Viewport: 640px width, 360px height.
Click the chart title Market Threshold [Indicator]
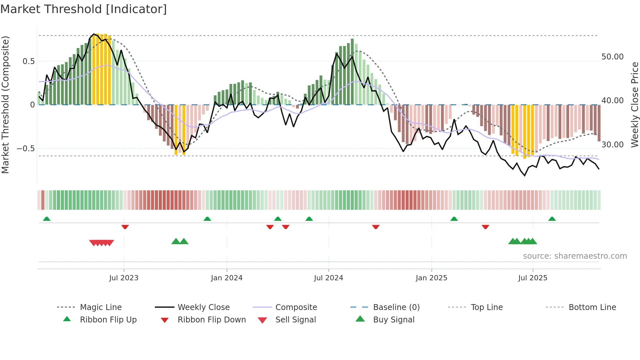pos(84,9)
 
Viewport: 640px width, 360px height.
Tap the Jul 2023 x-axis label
pos(124,278)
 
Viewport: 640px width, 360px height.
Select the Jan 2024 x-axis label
pos(227,278)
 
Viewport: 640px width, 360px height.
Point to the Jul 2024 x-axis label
pos(328,278)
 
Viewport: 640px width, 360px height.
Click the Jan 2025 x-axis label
pos(431,278)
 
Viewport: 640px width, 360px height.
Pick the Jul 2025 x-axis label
pos(533,278)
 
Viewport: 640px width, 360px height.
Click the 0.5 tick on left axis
pos(28,61)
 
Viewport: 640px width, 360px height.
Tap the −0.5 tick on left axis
pos(26,149)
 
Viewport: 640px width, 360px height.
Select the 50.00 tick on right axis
pos(613,57)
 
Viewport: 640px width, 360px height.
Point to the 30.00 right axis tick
pos(613,145)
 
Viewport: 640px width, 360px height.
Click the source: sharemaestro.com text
pos(575,256)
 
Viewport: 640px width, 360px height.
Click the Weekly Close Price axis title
pos(634,105)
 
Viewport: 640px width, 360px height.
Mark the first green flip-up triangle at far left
pos(47,219)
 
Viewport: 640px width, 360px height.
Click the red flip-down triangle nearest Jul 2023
pos(125,227)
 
